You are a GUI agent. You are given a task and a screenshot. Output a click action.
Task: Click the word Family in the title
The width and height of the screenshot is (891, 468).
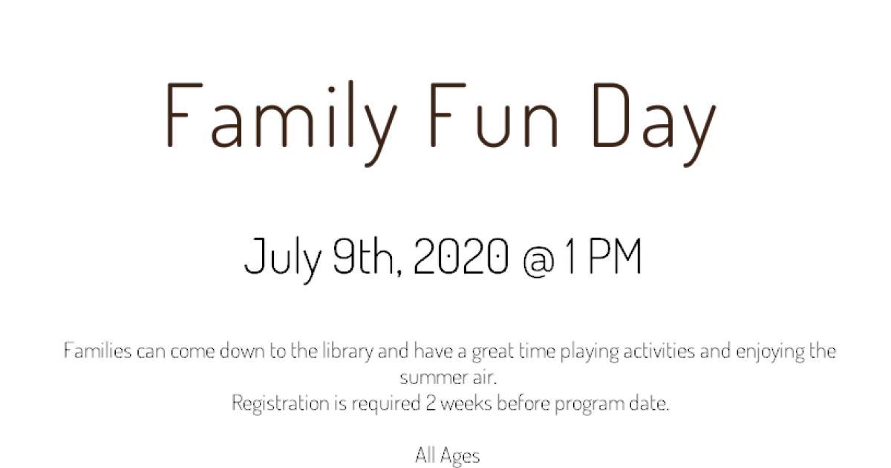pos(281,123)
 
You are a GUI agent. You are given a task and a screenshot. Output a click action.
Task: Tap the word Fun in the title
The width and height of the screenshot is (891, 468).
pos(494,115)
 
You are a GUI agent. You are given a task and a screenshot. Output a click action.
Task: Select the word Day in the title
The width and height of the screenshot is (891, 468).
pos(654,124)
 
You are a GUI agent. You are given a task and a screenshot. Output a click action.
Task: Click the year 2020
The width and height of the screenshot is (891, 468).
pos(461,256)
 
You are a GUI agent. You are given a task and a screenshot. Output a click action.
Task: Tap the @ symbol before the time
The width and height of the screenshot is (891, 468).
pos(538,261)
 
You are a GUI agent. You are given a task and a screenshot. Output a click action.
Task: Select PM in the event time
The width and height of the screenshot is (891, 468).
pos(615,256)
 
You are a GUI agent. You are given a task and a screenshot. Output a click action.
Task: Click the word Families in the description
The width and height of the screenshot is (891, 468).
pos(97,351)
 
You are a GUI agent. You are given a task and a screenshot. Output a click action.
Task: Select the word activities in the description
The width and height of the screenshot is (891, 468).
pos(659,351)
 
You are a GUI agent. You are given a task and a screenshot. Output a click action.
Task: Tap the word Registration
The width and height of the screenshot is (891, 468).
pos(281,404)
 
